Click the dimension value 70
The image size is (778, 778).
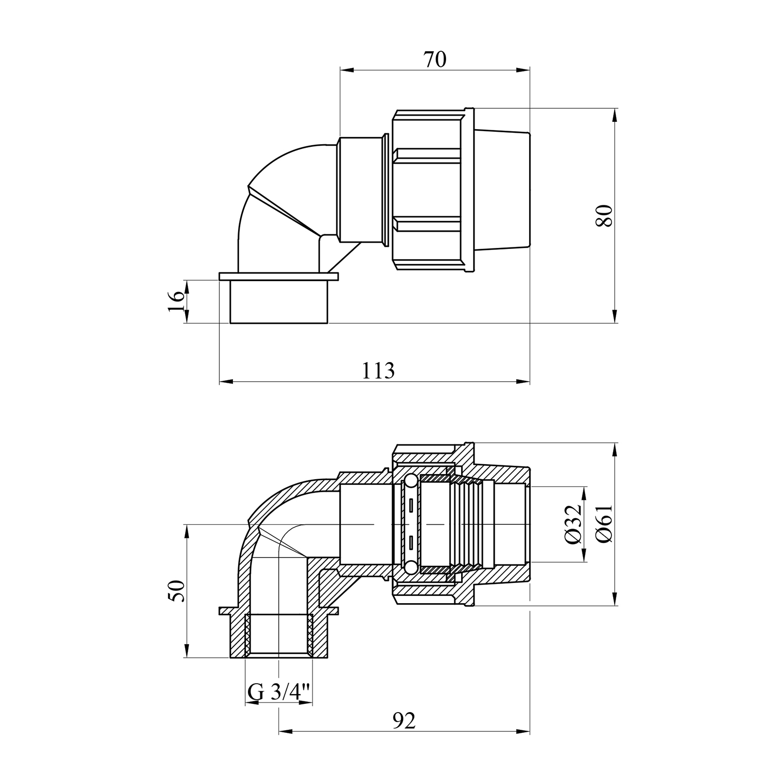click(435, 60)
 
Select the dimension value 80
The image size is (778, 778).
click(604, 215)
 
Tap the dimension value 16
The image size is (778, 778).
click(176, 301)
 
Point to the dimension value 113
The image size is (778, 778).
click(378, 370)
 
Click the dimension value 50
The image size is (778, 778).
click(176, 591)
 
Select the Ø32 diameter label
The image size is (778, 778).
click(574, 524)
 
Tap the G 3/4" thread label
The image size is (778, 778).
click(279, 691)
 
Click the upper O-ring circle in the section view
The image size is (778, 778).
click(409, 482)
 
